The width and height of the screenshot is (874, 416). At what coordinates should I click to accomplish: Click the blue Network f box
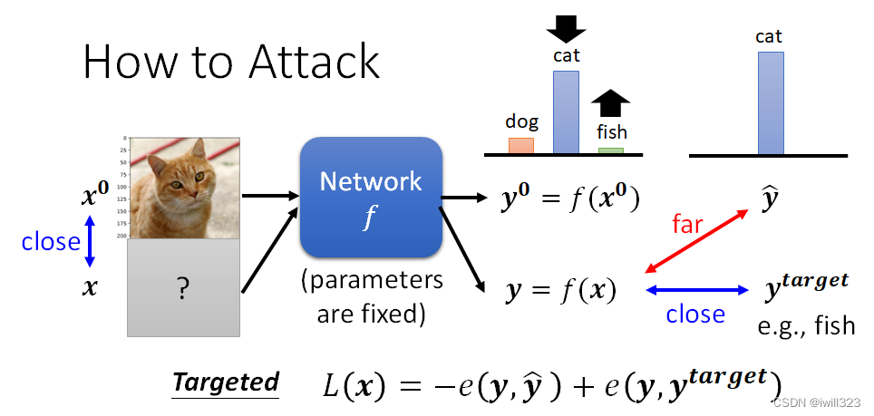[x=371, y=196]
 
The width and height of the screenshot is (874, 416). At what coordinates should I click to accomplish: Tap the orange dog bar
[x=520, y=145]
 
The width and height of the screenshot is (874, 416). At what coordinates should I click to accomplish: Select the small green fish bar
[x=610, y=150]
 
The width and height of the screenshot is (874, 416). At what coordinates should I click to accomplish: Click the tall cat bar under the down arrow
[x=567, y=111]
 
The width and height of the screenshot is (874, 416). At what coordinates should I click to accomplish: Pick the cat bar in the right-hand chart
[x=770, y=102]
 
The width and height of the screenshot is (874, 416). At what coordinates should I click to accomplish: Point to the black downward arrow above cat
[x=567, y=27]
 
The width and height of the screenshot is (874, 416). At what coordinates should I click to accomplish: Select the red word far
[x=686, y=224]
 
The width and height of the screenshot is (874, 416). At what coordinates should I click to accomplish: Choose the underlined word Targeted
[x=226, y=382]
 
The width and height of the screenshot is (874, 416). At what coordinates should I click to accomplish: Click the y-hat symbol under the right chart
[x=772, y=198]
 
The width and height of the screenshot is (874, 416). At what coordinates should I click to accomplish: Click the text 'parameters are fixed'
[x=372, y=296]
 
